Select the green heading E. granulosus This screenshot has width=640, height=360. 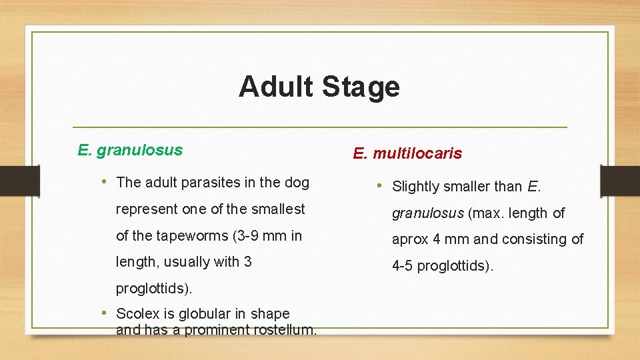pos(130,150)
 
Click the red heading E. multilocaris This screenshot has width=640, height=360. pos(407,154)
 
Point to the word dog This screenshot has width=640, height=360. pos(297,182)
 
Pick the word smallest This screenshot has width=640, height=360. pos(278,209)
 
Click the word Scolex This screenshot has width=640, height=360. pos(137,313)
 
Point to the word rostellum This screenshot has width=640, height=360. pos(284,329)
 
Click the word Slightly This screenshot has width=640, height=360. pos(417,187)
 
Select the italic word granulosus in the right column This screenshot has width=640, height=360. pos(427,213)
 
